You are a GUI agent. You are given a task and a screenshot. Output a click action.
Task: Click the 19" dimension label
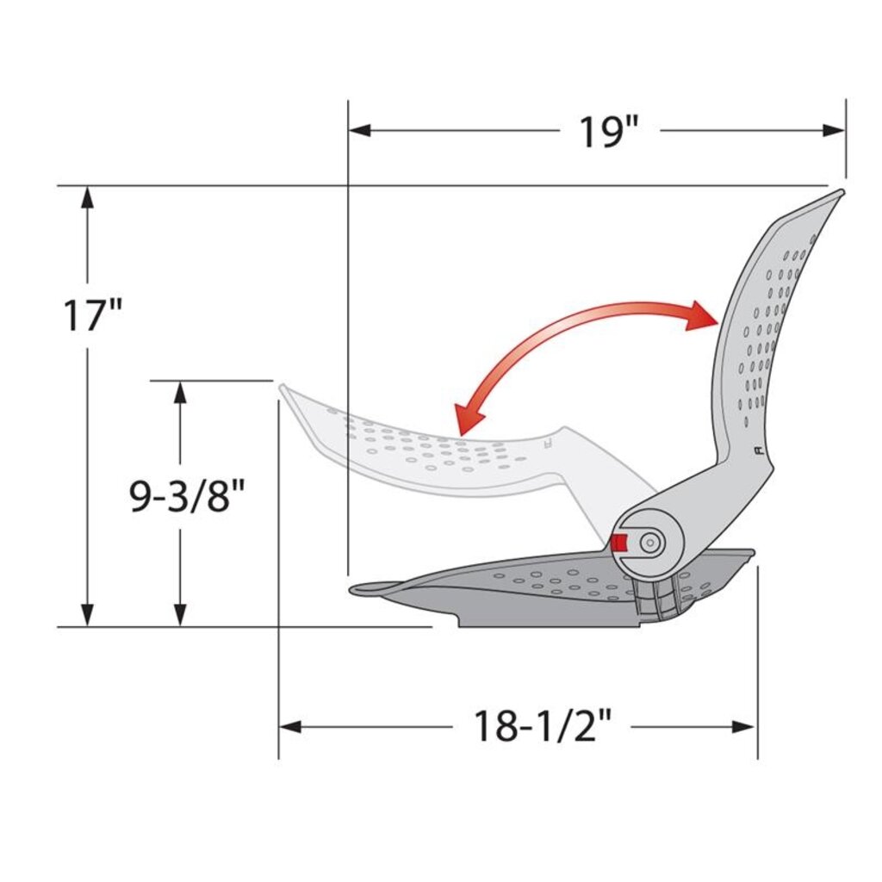[x=608, y=132]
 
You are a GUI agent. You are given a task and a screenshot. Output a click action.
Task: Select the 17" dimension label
[x=92, y=314]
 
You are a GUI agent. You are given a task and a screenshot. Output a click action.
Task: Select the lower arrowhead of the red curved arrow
[x=469, y=421]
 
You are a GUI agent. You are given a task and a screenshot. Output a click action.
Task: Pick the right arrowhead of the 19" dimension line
[x=835, y=131]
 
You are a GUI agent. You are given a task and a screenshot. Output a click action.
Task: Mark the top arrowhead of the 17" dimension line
[x=86, y=197]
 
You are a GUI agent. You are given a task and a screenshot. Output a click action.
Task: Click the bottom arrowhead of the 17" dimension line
[x=86, y=615]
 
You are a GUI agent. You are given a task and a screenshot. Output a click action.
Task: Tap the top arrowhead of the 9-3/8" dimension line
[x=180, y=392]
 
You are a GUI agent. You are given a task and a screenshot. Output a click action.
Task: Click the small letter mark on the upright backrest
[x=756, y=450]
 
